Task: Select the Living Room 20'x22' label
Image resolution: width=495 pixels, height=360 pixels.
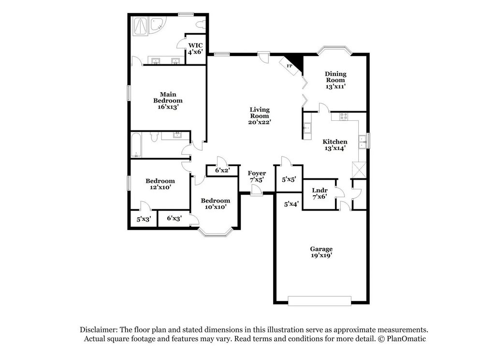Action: (260, 116)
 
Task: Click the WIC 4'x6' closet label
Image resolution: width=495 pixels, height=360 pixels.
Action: (195, 48)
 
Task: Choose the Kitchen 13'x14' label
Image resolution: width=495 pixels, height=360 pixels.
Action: (335, 145)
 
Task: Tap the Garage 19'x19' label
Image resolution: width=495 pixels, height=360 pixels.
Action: (321, 252)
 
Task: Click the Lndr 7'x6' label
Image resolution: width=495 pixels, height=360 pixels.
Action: (320, 193)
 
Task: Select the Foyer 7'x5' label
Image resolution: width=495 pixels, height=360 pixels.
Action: (257, 176)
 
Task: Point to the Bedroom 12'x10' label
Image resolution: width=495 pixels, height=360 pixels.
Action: (160, 184)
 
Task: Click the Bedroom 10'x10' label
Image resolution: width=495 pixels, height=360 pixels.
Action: (216, 203)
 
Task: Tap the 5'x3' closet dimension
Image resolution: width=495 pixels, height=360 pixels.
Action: (144, 219)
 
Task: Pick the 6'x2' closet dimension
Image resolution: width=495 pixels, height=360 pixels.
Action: (221, 170)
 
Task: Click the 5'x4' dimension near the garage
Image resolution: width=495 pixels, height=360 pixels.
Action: (291, 204)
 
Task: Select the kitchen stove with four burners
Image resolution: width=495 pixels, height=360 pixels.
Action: (344, 116)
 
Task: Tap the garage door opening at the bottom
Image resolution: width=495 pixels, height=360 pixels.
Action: (320, 301)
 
